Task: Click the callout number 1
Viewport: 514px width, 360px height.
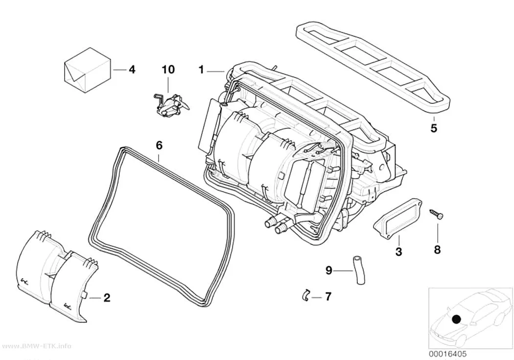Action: click(x=201, y=70)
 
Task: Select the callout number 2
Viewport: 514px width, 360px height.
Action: click(x=107, y=298)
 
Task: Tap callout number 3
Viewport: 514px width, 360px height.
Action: click(x=398, y=252)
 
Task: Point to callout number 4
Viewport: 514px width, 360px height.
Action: click(x=132, y=70)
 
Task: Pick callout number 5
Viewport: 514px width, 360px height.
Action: click(x=434, y=128)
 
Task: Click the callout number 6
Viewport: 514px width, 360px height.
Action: click(x=159, y=145)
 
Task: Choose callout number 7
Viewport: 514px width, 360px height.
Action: click(x=328, y=297)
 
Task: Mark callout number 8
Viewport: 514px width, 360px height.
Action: click(x=438, y=249)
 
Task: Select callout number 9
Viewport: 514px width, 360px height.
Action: click(x=329, y=270)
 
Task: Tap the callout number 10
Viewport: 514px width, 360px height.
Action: click(x=168, y=70)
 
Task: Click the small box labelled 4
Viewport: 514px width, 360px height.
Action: click(x=86, y=70)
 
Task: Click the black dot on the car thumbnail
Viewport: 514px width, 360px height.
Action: click(x=456, y=319)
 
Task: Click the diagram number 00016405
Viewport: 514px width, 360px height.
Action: click(x=448, y=354)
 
